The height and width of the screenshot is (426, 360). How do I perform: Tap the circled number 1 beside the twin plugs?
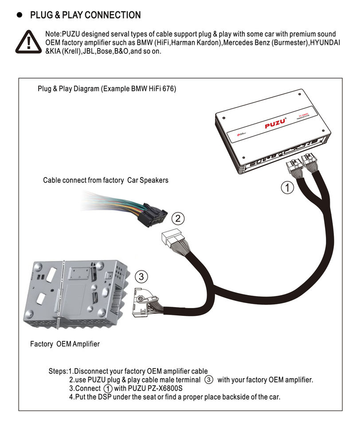point(288,188)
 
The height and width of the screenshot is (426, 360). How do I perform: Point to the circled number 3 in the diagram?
point(141,277)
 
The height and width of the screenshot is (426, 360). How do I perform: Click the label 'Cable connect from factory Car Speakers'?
point(106,181)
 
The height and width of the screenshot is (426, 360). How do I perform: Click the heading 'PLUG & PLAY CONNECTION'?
point(85,15)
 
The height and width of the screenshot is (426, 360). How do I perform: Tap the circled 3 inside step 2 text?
point(209,380)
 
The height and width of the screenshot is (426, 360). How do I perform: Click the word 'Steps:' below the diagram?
point(58,371)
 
